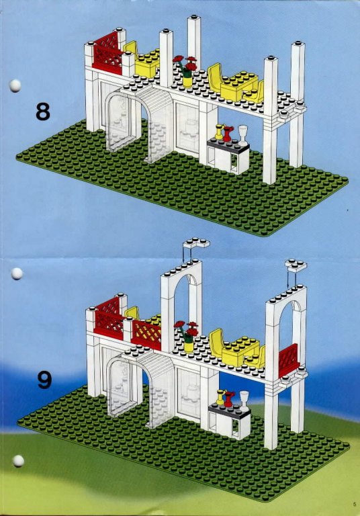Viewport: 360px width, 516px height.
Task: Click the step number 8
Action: click(x=43, y=112)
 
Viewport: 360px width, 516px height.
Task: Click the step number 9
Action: click(x=44, y=380)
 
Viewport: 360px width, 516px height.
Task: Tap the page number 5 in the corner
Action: click(x=355, y=503)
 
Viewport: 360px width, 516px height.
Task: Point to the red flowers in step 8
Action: click(x=185, y=63)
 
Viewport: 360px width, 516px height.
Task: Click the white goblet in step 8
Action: click(x=243, y=134)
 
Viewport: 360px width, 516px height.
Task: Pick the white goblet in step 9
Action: click(x=244, y=400)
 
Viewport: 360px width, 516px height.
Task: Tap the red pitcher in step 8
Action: click(x=228, y=134)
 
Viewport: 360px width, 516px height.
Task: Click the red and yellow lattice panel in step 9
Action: click(x=146, y=334)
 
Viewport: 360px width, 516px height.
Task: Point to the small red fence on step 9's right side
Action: click(x=289, y=361)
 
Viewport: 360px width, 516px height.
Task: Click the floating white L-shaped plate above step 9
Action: click(x=196, y=243)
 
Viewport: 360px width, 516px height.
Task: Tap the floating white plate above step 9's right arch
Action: click(x=296, y=265)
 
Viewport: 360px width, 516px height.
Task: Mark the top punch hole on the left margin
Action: click(x=15, y=85)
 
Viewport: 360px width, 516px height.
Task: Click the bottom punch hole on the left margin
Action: click(x=18, y=461)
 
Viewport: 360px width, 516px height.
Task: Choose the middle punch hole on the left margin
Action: click(x=16, y=273)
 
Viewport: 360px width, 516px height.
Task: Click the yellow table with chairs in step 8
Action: click(x=236, y=84)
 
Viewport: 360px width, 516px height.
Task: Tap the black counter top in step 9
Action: click(x=229, y=411)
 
